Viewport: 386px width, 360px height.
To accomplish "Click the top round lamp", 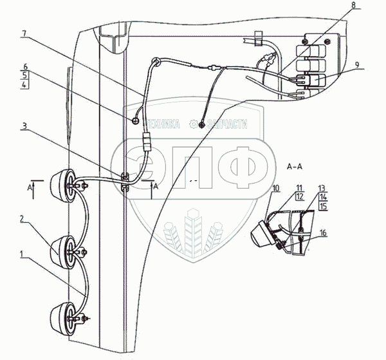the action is [x=68, y=186].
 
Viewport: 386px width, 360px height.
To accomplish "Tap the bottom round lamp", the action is [x=65, y=315].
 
